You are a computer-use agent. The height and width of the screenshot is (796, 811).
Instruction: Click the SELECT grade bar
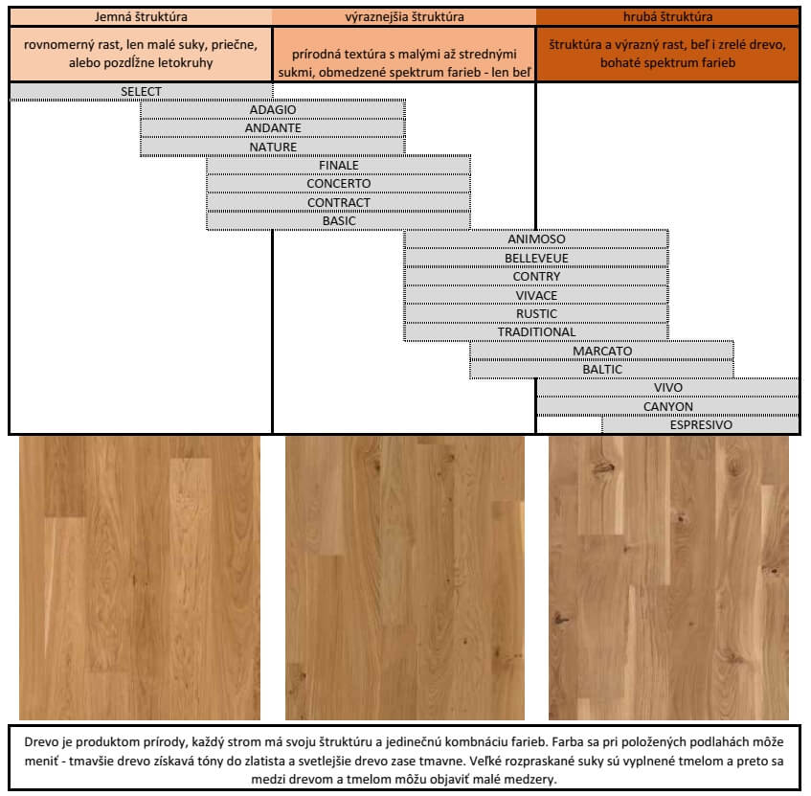coord(141,92)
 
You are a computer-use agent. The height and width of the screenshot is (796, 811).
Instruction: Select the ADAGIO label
coord(273,110)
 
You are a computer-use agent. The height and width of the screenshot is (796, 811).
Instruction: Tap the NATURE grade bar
coord(273,147)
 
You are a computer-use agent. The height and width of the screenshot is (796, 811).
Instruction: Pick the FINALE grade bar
coord(338,165)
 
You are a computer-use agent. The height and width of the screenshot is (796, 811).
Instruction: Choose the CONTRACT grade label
coord(339,202)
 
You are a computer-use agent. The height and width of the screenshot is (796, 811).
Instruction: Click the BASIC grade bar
coord(338,221)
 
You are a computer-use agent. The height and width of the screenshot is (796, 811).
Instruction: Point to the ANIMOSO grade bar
coord(536,239)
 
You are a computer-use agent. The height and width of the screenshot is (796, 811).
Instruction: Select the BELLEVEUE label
coord(536,258)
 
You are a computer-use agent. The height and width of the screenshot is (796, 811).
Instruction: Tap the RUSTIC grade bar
coord(536,313)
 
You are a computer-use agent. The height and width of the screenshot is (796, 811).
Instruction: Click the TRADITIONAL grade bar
coord(536,332)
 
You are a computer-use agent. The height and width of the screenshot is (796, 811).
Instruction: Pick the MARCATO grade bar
coord(601,351)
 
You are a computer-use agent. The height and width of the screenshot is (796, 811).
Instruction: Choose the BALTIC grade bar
coord(601,370)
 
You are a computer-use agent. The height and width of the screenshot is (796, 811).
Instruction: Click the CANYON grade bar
coord(667,407)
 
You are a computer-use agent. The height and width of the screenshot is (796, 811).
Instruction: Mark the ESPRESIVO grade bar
coord(700,425)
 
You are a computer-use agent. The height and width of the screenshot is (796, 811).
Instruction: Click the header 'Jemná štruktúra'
coord(141,17)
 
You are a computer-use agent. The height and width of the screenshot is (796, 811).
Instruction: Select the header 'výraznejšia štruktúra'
coord(404,17)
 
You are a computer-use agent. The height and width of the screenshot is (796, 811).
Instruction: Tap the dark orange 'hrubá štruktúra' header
coord(667,17)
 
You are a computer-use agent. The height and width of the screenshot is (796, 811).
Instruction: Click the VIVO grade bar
coord(667,388)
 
